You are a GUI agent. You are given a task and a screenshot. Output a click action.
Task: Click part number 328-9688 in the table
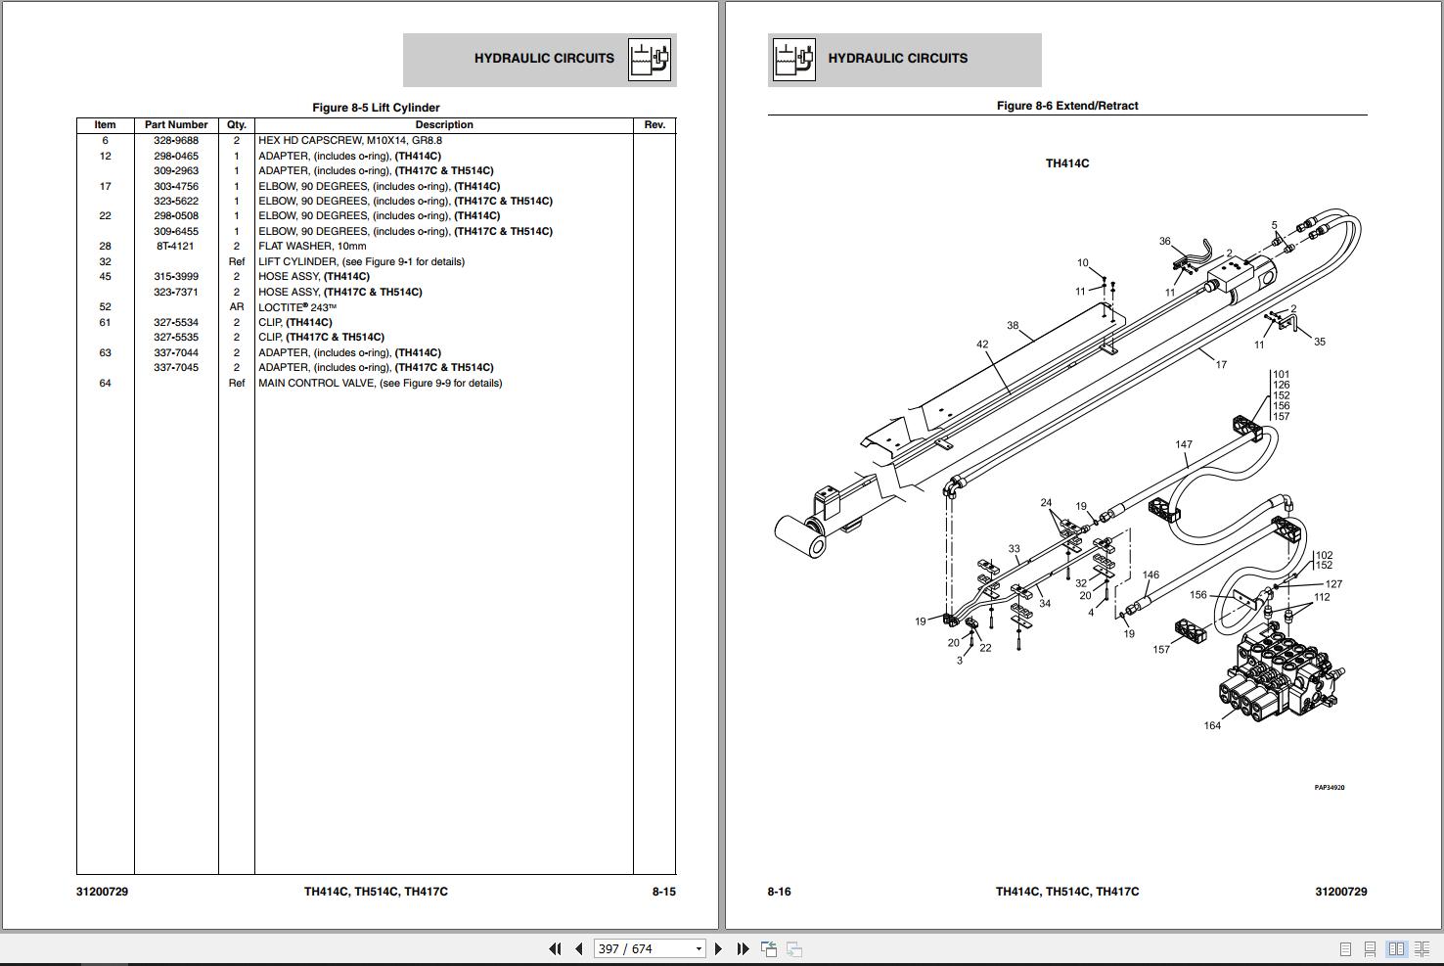click(176, 140)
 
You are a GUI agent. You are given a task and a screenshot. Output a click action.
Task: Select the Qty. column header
click(236, 124)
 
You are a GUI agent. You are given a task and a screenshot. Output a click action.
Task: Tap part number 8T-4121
click(176, 247)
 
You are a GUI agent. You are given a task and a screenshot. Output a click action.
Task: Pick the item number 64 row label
click(105, 383)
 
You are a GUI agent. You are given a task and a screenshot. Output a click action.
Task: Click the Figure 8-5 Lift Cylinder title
click(376, 108)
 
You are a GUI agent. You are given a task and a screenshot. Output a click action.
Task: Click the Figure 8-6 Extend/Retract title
click(1066, 106)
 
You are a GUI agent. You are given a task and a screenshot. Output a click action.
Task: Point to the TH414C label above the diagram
click(1066, 163)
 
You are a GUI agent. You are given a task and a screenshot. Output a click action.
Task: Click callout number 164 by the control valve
click(1212, 725)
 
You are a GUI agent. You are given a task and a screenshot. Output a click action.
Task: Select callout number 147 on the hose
click(1184, 444)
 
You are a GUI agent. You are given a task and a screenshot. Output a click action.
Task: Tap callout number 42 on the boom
click(982, 345)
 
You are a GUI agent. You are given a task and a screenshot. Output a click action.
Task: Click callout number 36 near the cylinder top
click(1164, 241)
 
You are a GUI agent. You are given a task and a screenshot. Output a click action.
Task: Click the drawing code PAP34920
click(1329, 787)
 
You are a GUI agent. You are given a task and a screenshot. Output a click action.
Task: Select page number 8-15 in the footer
click(663, 892)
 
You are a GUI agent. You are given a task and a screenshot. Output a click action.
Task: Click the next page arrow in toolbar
click(718, 948)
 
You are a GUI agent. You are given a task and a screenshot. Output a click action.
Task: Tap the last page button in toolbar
click(743, 948)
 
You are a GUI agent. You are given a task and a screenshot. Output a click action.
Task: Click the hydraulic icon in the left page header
click(649, 60)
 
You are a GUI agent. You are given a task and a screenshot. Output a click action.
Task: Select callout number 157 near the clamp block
click(1161, 649)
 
